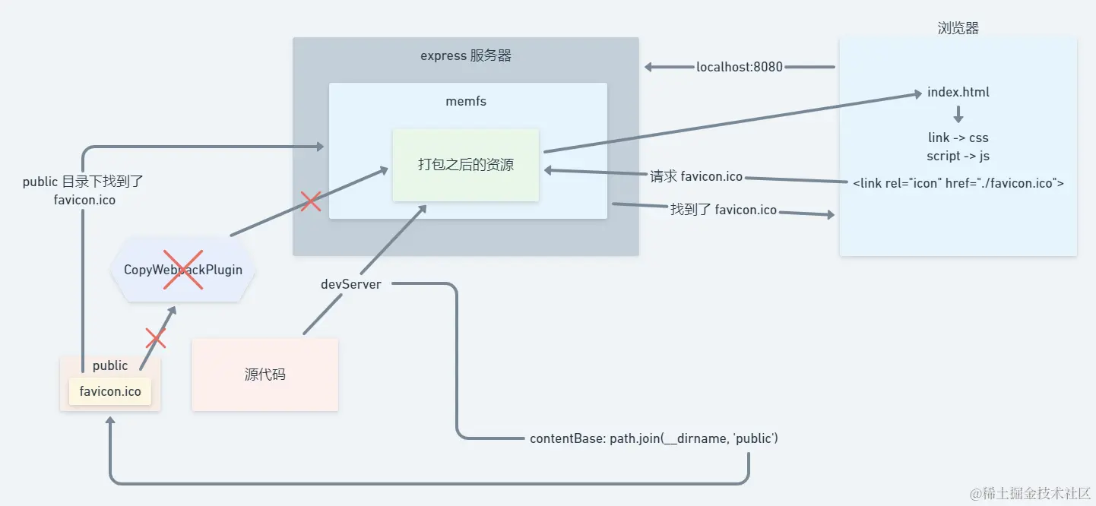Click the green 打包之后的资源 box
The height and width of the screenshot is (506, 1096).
pyautogui.click(x=465, y=165)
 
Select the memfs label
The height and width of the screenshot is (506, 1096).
pyautogui.click(x=466, y=100)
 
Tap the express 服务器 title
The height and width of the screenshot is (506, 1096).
pyautogui.click(x=465, y=55)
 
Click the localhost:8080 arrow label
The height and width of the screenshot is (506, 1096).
pyautogui.click(x=739, y=67)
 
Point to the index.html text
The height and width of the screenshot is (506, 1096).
pyautogui.click(x=958, y=93)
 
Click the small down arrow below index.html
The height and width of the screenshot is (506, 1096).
pyautogui.click(x=958, y=115)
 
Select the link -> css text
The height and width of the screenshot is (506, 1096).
pyautogui.click(x=958, y=138)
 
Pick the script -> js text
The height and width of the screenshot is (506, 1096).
pyautogui.click(x=958, y=156)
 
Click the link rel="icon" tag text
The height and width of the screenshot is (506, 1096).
pyautogui.click(x=958, y=183)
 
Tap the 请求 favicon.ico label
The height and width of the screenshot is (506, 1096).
pyautogui.click(x=695, y=177)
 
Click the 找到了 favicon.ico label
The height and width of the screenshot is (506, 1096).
pyautogui.click(x=723, y=210)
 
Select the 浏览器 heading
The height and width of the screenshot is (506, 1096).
pyautogui.click(x=958, y=28)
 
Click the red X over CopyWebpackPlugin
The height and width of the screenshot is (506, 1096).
pyautogui.click(x=183, y=270)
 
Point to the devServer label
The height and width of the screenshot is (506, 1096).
pyautogui.click(x=350, y=284)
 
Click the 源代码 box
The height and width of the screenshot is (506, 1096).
pyautogui.click(x=264, y=375)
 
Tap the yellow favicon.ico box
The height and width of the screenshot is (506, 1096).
pyautogui.click(x=110, y=391)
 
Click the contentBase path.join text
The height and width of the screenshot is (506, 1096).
pyautogui.click(x=654, y=438)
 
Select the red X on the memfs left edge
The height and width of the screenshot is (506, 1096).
pyautogui.click(x=310, y=201)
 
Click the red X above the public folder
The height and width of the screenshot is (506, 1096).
pyautogui.click(x=155, y=338)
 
